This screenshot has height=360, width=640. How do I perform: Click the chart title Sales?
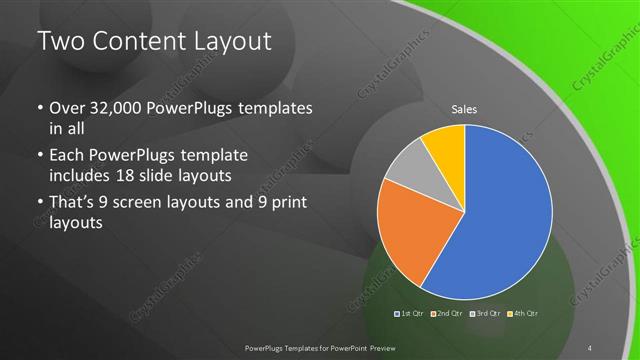point(463,108)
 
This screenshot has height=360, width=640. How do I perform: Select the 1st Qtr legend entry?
point(409,314)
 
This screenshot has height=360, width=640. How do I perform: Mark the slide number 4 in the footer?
point(591,348)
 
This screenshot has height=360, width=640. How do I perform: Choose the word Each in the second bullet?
point(67,157)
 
